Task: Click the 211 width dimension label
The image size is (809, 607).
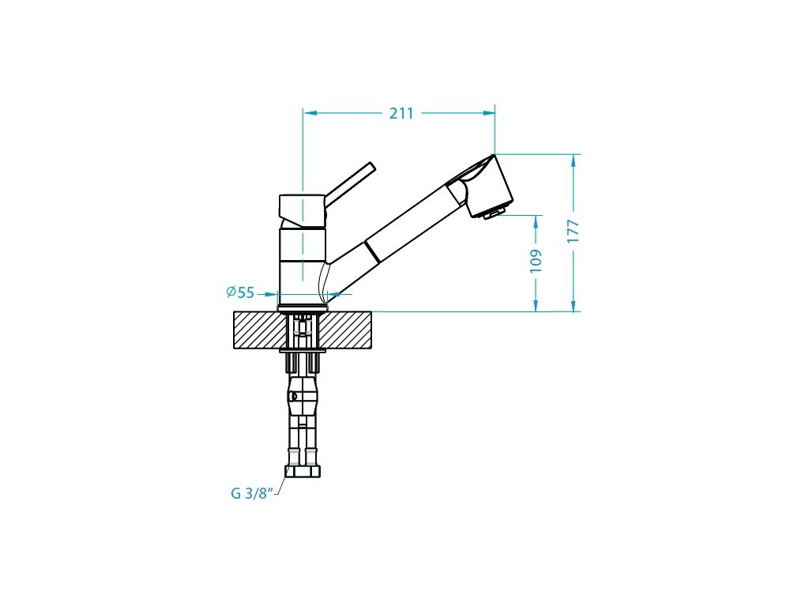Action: point(401,113)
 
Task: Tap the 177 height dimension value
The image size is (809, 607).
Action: point(574,232)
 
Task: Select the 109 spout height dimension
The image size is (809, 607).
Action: point(536,261)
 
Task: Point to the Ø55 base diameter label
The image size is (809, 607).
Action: point(240,292)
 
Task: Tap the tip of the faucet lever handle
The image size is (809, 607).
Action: point(373,165)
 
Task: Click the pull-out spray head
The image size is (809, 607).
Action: point(480,187)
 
